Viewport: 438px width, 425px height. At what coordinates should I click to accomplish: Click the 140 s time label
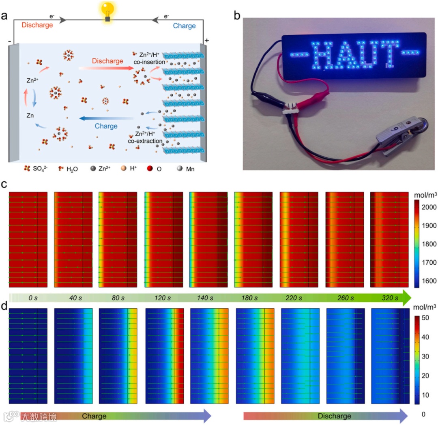[x=205, y=298]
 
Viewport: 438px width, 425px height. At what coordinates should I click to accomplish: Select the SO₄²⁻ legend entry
[x=36, y=168]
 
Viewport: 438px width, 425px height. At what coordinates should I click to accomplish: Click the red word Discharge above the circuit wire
[x=37, y=25]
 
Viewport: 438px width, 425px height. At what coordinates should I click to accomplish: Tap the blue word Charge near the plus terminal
[x=184, y=26]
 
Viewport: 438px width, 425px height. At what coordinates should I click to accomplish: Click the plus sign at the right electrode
[x=207, y=41]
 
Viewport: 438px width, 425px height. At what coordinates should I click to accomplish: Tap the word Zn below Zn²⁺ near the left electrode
[x=30, y=115]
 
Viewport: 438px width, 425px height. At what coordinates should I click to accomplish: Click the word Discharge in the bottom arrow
[x=335, y=416]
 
